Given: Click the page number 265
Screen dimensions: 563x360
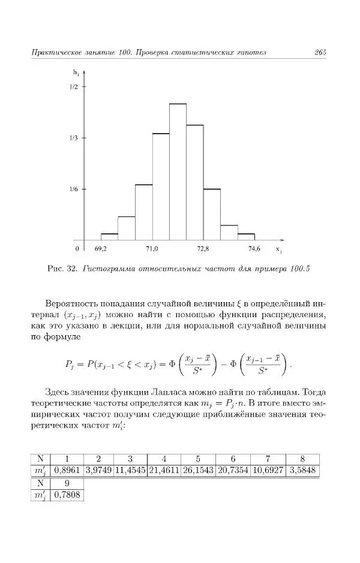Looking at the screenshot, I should tap(319, 53).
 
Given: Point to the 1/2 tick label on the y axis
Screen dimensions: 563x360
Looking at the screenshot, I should tap(74, 87).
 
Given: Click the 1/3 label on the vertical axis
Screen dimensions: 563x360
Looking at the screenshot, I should tap(74, 138).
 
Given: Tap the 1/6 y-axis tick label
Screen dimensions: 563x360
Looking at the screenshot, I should tap(74, 189).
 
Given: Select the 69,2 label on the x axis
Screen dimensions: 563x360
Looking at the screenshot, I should tap(101, 248).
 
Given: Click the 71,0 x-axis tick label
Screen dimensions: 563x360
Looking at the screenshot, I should tap(152, 248).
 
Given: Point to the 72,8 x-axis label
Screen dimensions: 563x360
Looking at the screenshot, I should tap(203, 248).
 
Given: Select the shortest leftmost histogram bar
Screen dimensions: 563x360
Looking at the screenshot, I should tap(109, 237).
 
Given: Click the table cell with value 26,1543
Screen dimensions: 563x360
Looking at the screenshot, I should tap(198, 471).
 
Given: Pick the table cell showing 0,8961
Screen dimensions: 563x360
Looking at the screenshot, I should tap(67, 471).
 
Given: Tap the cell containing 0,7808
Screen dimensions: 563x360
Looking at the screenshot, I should tap(67, 495).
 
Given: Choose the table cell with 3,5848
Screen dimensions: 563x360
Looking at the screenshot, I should tap(303, 471).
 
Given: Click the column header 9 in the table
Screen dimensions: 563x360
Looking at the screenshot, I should tap(67, 483).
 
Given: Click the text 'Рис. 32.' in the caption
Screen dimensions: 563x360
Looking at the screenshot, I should tap(62, 268).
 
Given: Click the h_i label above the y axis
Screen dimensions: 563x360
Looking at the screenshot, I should tap(77, 73).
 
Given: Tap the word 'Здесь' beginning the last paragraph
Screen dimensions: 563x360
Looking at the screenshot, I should tap(58, 390).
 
